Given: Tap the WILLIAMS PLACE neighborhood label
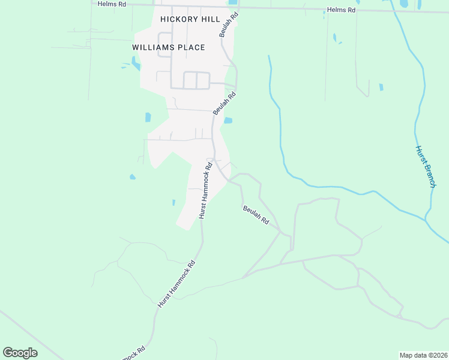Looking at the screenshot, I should (x=169, y=47).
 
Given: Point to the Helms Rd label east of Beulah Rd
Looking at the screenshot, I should (x=342, y=10).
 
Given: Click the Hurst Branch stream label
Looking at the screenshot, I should (x=425, y=167).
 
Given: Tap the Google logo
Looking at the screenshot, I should (x=20, y=353).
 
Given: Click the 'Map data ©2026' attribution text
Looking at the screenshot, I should (x=423, y=355).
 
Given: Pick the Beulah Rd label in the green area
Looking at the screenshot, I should (x=256, y=214).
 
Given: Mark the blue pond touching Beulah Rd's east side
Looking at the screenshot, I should (x=228, y=121).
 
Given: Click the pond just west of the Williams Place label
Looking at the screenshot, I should (x=134, y=61).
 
